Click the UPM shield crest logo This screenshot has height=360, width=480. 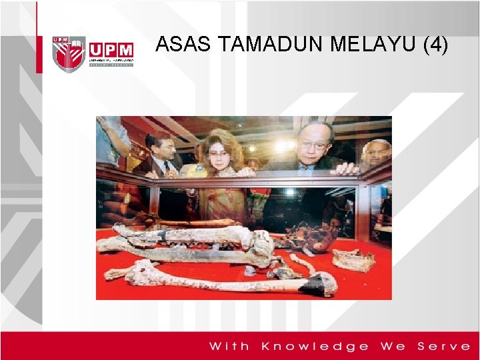pos(69,53)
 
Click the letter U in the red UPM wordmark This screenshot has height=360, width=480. pos(96,51)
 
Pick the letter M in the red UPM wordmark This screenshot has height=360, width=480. pos(125,51)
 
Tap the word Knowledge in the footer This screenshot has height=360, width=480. pos(315,346)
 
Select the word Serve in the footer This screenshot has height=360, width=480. pos(444,346)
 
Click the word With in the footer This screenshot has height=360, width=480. pos(230,346)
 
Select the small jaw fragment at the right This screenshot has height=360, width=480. pos(353,260)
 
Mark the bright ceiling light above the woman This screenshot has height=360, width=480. pos(285,145)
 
